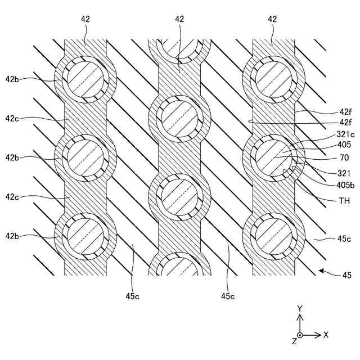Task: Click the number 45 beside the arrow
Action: (x=346, y=275)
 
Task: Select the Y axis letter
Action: (x=300, y=308)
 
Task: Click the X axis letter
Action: (x=326, y=335)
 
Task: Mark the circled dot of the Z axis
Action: (x=300, y=335)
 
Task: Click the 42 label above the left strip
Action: (x=85, y=19)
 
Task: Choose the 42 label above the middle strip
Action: (x=179, y=19)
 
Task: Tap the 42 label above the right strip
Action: (x=273, y=19)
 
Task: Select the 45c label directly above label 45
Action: (x=344, y=239)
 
